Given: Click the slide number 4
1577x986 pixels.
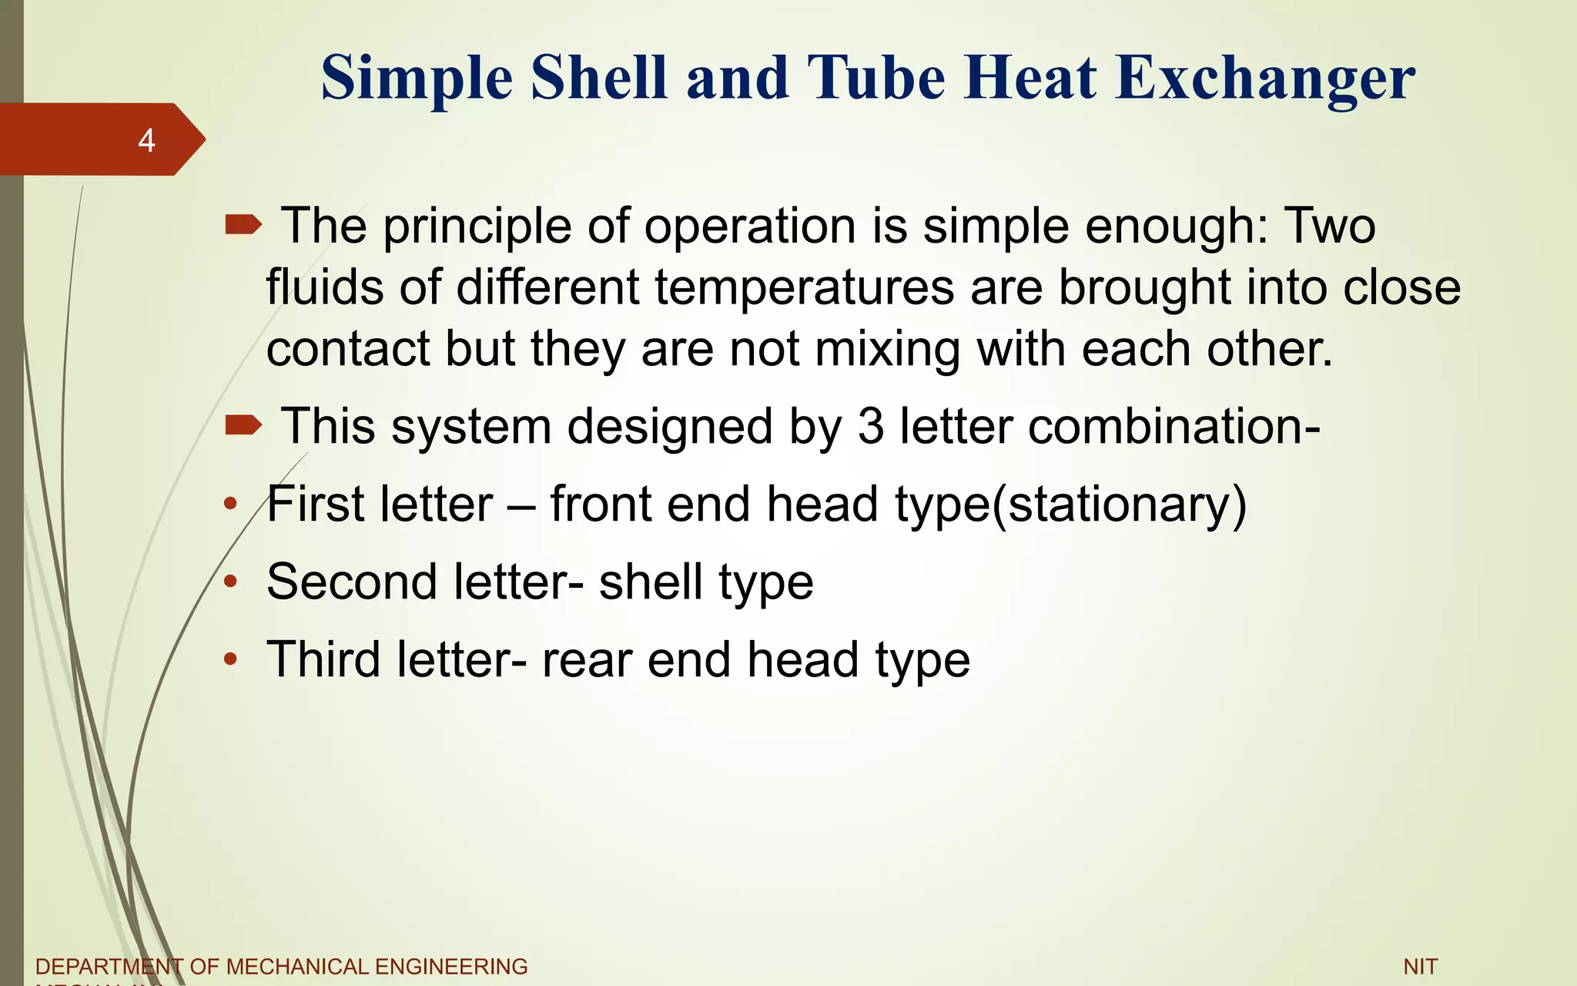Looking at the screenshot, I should coord(146,141).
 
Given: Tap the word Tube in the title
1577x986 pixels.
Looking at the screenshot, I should coord(876,79).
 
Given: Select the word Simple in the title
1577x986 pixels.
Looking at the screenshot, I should coord(417,79).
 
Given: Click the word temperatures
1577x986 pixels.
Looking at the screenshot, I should coord(805,287).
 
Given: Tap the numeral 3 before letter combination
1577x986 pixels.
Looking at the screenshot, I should coord(870,426).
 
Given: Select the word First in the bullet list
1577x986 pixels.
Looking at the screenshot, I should coord(315,505).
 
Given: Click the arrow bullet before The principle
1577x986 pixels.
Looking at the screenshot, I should coord(243,225).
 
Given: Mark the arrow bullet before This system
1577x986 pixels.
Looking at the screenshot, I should coord(243,424).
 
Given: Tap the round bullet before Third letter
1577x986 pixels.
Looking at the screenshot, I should coord(230,660).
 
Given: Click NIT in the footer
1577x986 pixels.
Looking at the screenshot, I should coord(1421,967).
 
